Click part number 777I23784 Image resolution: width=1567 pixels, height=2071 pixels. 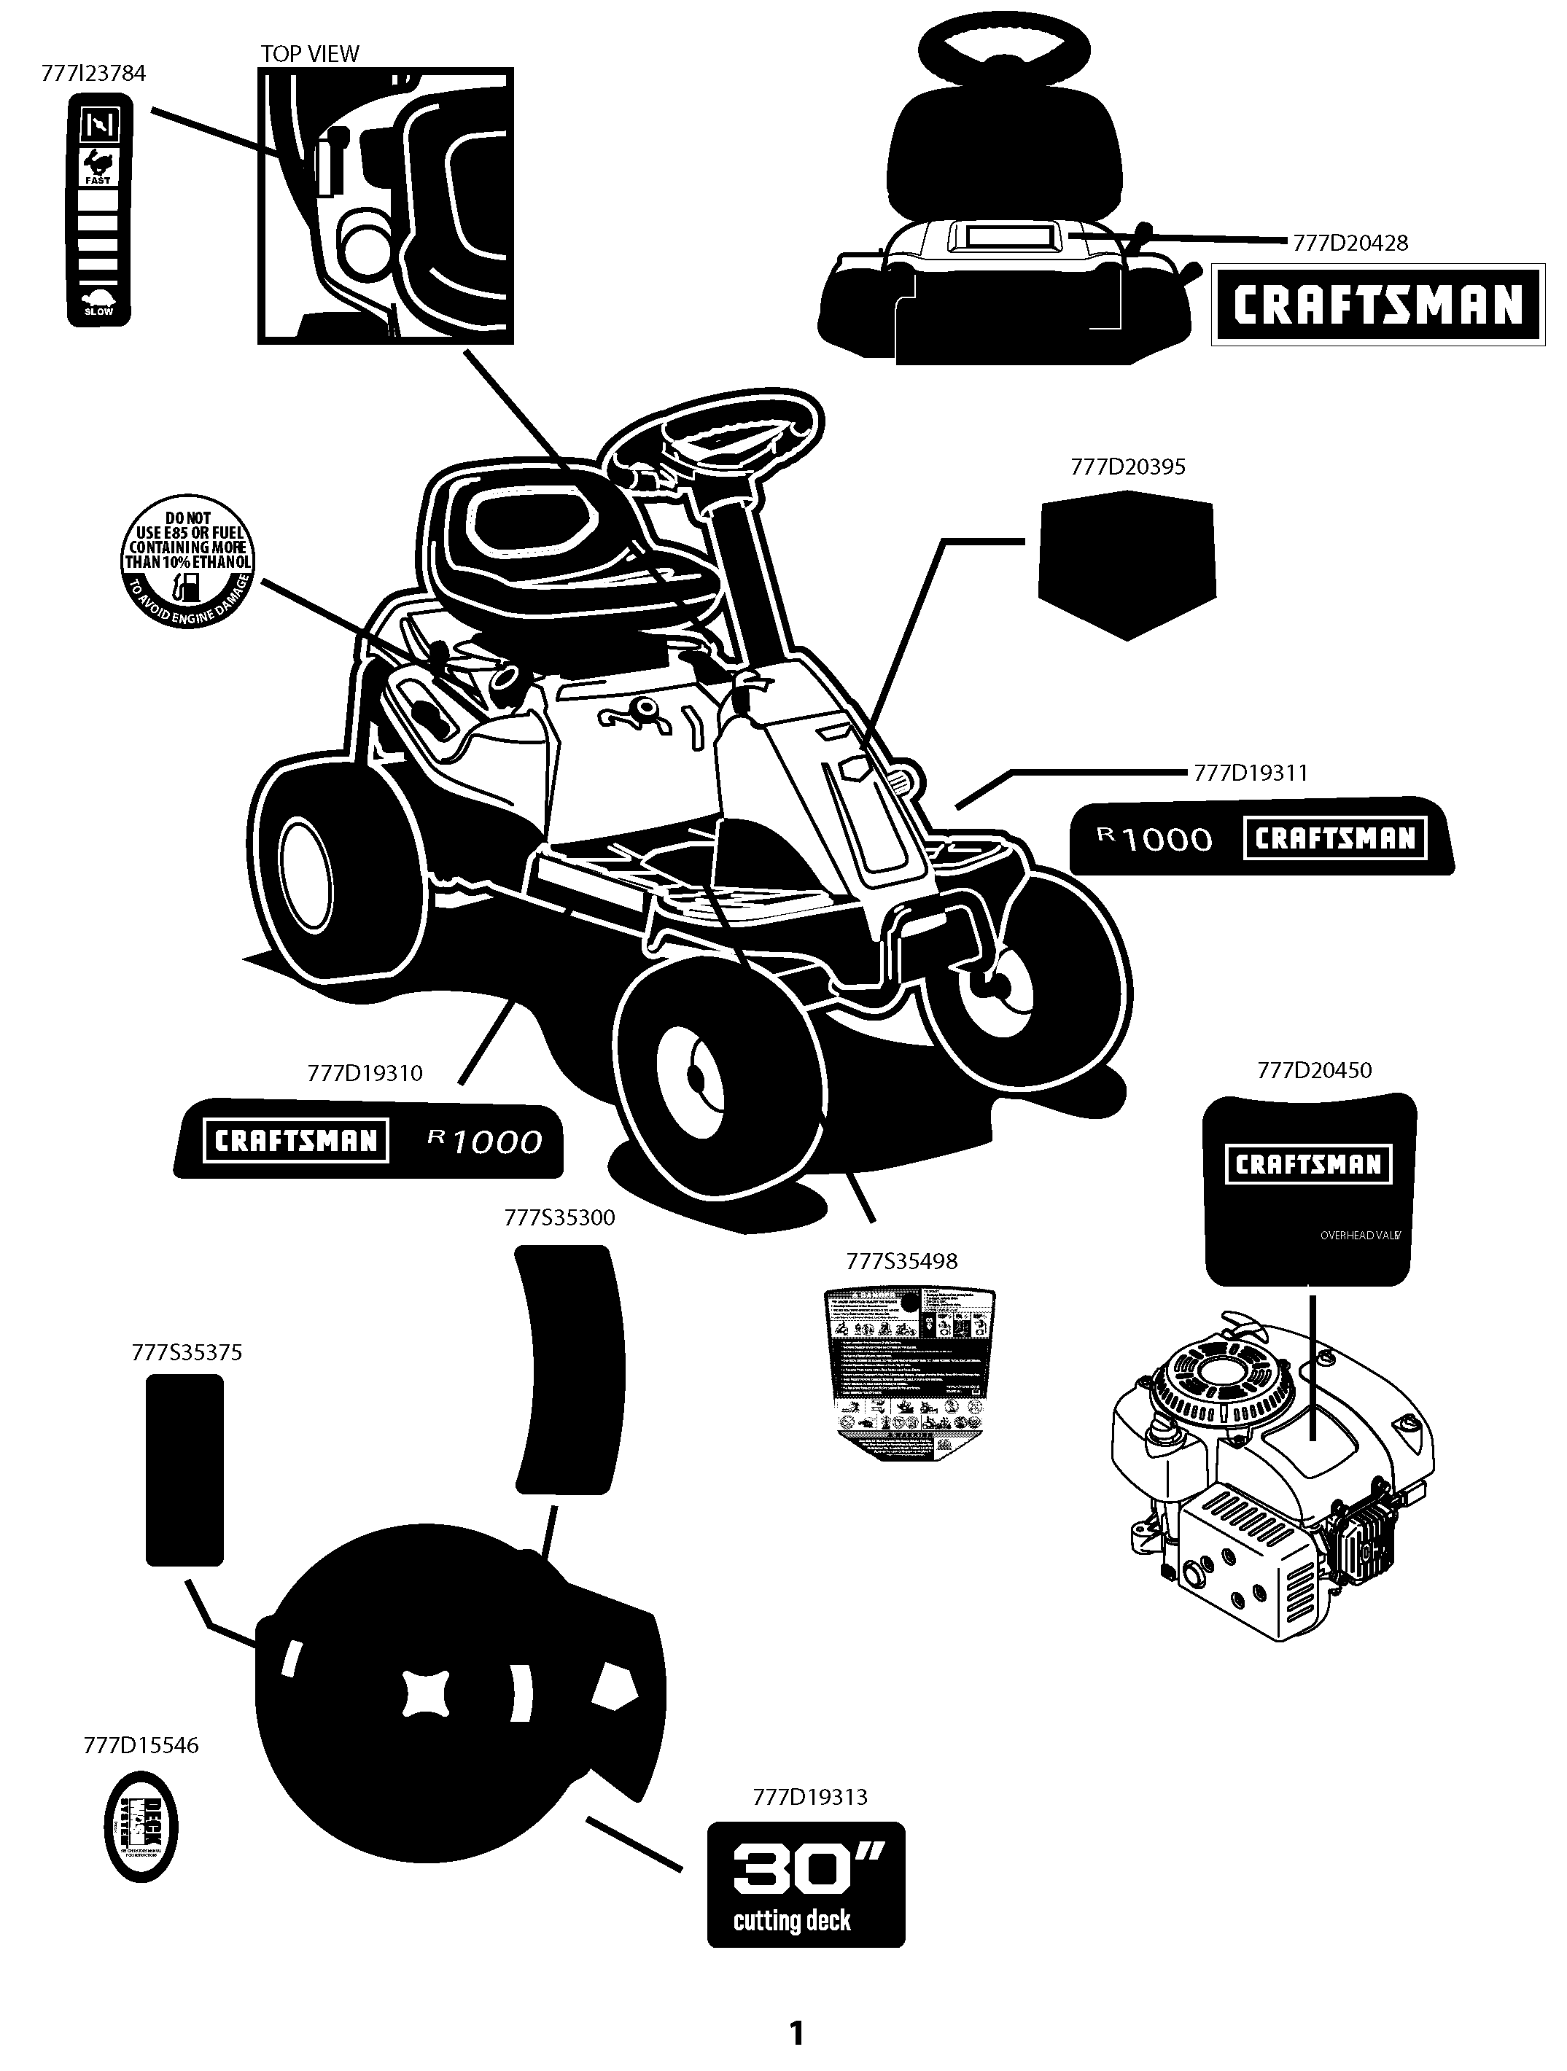point(93,73)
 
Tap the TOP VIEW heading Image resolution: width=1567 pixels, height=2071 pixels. point(309,53)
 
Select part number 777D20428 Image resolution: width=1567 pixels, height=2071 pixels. point(1350,243)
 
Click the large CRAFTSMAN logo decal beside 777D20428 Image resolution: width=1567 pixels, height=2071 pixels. point(1377,304)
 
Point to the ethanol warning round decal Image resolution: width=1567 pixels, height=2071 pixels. point(188,561)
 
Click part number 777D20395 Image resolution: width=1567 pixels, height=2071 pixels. point(1128,467)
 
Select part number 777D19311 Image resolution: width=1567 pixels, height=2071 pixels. point(1251,773)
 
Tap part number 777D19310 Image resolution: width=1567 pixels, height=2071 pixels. point(365,1073)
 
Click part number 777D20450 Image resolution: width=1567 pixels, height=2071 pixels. point(1314,1069)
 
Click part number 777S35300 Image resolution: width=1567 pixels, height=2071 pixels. point(559,1217)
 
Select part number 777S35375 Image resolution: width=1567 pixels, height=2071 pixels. point(187,1352)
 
